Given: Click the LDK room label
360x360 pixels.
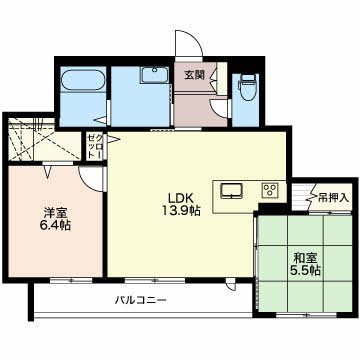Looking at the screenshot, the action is pyautogui.click(x=180, y=198).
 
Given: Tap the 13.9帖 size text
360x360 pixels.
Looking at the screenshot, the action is pyautogui.click(x=181, y=211).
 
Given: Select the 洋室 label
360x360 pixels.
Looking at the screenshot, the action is pyautogui.click(x=55, y=212).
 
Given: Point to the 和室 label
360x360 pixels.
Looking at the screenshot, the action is pyautogui.click(x=306, y=258).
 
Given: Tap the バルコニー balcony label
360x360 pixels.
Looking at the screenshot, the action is pyautogui.click(x=140, y=300).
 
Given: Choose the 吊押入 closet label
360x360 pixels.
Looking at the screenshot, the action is pyautogui.click(x=333, y=198).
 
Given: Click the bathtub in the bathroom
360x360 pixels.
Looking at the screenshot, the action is pyautogui.click(x=83, y=80).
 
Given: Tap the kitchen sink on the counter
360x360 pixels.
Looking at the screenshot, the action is pyautogui.click(x=231, y=191).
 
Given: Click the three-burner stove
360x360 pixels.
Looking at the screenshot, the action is pyautogui.click(x=270, y=190).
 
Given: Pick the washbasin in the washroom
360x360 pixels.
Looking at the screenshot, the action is pyautogui.click(x=154, y=75).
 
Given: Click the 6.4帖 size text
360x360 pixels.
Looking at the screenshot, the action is pyautogui.click(x=54, y=225).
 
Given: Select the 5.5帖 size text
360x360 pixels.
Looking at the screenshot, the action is pyautogui.click(x=305, y=270).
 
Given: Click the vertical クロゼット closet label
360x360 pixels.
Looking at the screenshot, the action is pyautogui.click(x=91, y=147).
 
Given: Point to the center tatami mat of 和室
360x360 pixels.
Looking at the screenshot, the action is pyautogui.click(x=305, y=263).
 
